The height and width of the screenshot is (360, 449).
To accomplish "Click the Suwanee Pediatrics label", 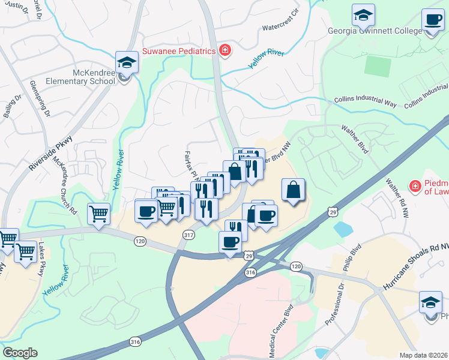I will point(178,51).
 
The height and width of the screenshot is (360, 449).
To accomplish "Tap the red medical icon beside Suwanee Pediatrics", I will point(224,51).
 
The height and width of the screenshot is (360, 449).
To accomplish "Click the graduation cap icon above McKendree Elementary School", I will point(127,61).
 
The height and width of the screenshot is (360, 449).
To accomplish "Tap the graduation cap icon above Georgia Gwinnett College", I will point(363,14).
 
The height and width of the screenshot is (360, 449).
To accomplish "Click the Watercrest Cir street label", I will point(280,27).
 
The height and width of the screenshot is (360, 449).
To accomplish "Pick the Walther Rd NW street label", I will point(397,198).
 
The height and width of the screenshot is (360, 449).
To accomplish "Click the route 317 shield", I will point(189,235).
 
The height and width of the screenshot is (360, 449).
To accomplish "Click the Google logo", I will point(20,353).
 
